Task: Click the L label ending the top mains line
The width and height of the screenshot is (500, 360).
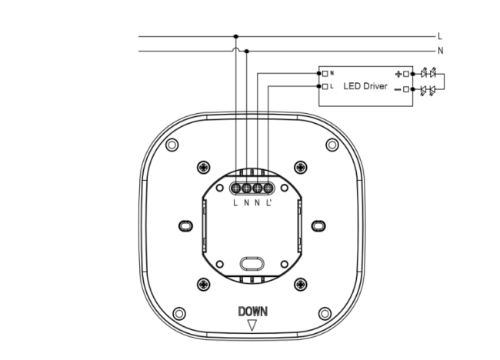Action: click(440, 36)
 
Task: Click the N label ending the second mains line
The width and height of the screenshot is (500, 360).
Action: click(440, 51)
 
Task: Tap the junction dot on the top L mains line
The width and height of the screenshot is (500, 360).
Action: click(235, 37)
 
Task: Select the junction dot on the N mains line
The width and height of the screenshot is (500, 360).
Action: click(246, 51)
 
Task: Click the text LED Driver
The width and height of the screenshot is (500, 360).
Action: click(365, 86)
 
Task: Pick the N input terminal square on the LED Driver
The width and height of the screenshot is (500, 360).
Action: click(325, 74)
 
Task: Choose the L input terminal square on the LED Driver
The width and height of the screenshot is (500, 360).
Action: click(325, 86)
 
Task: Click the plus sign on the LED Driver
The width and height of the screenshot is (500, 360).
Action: click(398, 75)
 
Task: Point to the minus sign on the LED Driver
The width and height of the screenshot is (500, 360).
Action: click(398, 89)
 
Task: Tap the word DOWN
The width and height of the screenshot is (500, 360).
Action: click(253, 312)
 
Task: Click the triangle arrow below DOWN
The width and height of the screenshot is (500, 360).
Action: click(252, 325)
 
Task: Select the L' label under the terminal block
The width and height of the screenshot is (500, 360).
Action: click(268, 202)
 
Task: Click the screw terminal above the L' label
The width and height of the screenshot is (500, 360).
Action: click(268, 188)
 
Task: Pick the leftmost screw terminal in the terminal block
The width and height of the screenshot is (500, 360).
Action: click(235, 188)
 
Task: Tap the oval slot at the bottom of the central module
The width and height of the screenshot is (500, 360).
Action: click(252, 264)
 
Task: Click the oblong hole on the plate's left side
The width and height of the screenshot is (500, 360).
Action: click(185, 225)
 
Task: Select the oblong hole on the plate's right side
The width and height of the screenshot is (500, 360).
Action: click(318, 225)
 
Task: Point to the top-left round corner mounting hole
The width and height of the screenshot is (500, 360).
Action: click(172, 145)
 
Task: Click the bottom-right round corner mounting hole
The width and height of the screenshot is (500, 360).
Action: click(325, 313)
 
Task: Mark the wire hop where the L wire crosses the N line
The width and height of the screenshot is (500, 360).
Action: click(235, 48)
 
